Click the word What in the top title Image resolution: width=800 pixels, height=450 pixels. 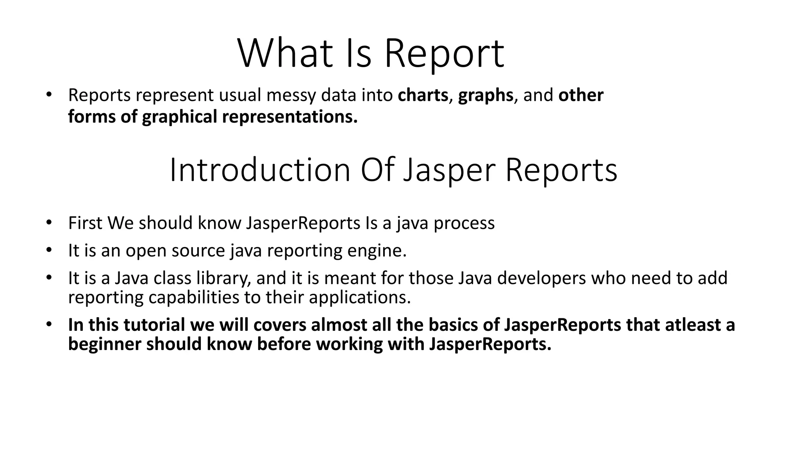pos(285,54)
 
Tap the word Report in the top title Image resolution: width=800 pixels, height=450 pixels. pos(444,54)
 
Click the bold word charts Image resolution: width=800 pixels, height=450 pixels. pos(423,95)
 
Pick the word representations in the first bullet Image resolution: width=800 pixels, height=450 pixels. pos(290,117)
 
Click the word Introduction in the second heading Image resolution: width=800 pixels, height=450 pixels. pos(260,170)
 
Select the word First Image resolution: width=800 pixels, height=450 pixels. pos(85,223)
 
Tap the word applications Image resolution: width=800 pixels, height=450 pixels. pos(360,298)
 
